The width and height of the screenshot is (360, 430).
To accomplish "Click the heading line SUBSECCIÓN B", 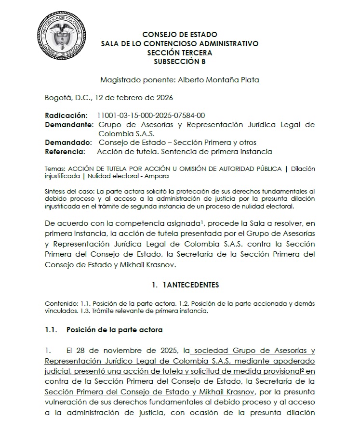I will pyautogui.click(x=180, y=62).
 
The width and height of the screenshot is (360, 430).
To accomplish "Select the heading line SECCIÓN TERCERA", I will pyautogui.click(x=180, y=52).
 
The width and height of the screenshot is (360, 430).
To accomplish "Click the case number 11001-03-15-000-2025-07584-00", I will pyautogui.click(x=151, y=116).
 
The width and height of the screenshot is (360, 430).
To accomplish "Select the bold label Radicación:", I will pyautogui.click(x=67, y=116).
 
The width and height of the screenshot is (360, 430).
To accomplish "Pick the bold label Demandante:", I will pyautogui.click(x=68, y=125).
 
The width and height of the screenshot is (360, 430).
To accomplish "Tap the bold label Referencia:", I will pyautogui.click(x=65, y=152).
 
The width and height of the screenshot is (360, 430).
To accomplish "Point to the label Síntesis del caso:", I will pyautogui.click(x=66, y=191).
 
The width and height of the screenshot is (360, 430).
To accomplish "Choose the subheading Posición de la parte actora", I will pyautogui.click(x=114, y=330).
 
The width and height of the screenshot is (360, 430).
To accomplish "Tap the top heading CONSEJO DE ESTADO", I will pyautogui.click(x=180, y=35).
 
